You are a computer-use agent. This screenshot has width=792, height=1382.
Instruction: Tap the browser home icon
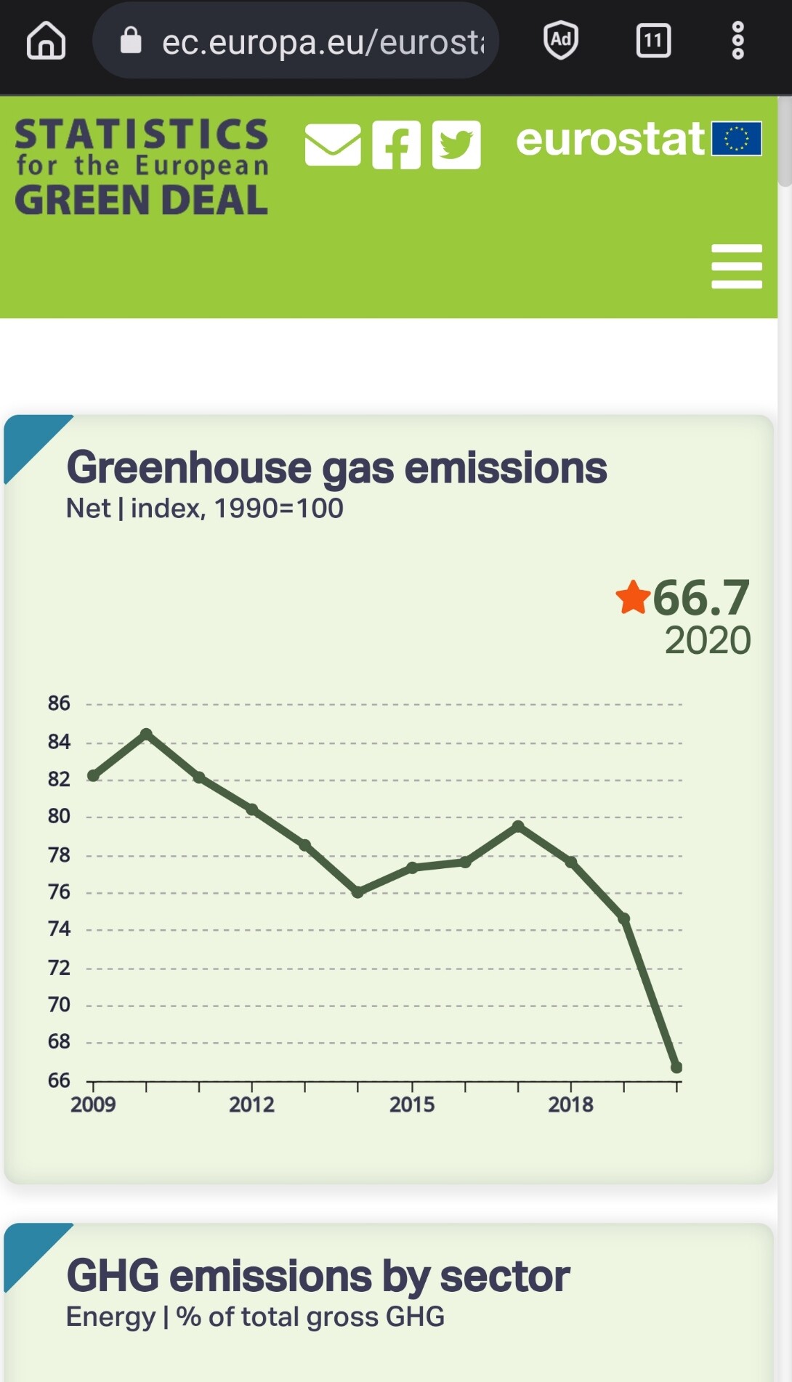click(46, 41)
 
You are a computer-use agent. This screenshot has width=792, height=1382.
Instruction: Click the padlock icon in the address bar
click(131, 41)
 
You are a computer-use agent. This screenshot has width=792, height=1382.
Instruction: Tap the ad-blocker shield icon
click(561, 40)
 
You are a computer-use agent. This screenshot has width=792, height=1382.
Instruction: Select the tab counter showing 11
click(653, 41)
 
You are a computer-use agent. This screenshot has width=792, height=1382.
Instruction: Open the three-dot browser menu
click(738, 41)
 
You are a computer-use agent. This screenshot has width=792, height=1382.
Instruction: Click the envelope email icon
click(333, 145)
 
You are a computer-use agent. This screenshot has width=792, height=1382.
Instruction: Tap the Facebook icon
click(396, 145)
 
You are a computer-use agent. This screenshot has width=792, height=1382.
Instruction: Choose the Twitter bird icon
click(456, 145)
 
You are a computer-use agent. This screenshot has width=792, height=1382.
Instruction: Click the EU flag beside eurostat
click(736, 138)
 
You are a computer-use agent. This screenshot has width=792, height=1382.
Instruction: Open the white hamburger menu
click(737, 266)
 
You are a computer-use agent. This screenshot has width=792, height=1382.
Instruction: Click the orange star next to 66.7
click(632, 597)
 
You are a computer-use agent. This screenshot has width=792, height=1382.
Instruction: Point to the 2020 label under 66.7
click(708, 640)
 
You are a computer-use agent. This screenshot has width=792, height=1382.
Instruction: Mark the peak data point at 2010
click(146, 734)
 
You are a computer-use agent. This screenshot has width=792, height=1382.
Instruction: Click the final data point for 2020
click(676, 1067)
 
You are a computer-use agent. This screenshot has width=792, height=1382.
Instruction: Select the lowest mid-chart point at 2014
click(357, 892)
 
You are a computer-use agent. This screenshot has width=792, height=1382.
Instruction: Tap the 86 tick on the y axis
click(59, 703)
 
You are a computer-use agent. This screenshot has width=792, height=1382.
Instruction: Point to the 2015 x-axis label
click(412, 1104)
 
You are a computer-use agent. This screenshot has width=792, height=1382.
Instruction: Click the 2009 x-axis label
click(93, 1104)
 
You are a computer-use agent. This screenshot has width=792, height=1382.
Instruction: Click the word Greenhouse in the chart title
click(189, 468)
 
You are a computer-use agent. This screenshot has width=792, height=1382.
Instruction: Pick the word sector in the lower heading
click(504, 1277)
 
